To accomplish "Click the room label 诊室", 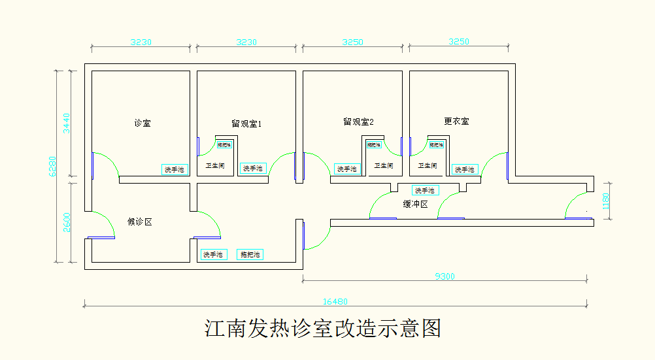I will (x=142, y=123).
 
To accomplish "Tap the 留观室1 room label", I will (x=246, y=123).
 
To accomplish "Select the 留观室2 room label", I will (x=358, y=122).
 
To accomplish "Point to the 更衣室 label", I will (x=456, y=121).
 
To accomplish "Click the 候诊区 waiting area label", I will (x=139, y=221).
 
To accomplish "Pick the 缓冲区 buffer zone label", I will (x=415, y=204).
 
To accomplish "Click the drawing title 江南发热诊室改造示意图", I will (x=323, y=328).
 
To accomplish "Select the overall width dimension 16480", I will (x=335, y=301).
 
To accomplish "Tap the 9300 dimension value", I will (x=445, y=276).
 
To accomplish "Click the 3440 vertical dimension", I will (x=67, y=123).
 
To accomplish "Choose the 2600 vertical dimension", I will (x=67, y=222).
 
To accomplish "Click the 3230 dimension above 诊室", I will (x=141, y=42).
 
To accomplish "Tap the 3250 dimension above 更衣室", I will (x=458, y=42).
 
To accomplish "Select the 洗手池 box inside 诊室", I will (x=174, y=169).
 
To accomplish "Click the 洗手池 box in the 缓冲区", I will (x=425, y=190).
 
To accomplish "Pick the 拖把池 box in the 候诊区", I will (x=250, y=254).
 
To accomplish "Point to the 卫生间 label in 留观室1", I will (x=216, y=166).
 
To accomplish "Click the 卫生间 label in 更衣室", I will (x=428, y=166).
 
